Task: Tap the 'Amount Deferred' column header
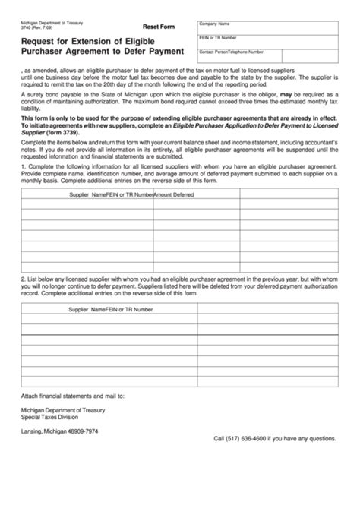174,195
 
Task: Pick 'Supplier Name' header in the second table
87,310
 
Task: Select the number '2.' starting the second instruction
24,279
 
